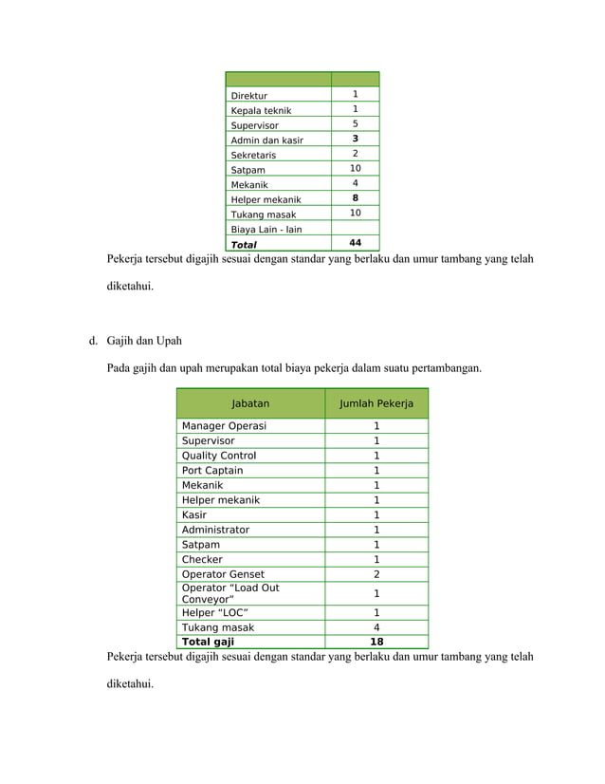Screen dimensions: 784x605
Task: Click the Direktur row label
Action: click(249, 96)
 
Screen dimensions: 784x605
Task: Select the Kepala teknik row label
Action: click(261, 111)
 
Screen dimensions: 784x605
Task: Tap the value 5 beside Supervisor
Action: click(355, 124)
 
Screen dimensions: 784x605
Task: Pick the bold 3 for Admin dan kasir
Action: click(355, 140)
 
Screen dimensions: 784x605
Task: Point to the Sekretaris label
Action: click(253, 155)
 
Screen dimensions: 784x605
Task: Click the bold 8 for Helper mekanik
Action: click(355, 198)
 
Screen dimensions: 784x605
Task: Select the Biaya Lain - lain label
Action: click(266, 230)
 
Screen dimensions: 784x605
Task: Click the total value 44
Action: click(355, 244)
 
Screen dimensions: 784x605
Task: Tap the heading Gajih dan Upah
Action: click(144, 341)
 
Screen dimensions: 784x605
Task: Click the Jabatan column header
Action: click(250, 403)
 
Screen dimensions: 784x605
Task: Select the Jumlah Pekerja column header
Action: click(376, 403)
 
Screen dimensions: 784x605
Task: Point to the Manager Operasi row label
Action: click(224, 426)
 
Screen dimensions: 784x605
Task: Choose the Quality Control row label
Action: click(219, 456)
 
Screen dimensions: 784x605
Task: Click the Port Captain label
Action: click(212, 471)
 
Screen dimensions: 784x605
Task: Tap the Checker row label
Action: click(202, 560)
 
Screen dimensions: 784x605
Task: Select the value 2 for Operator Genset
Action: click(376, 574)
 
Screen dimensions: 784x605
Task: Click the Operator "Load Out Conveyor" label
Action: click(230, 593)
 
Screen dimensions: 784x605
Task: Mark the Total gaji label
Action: click(208, 642)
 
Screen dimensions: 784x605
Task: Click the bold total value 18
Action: click(376, 642)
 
